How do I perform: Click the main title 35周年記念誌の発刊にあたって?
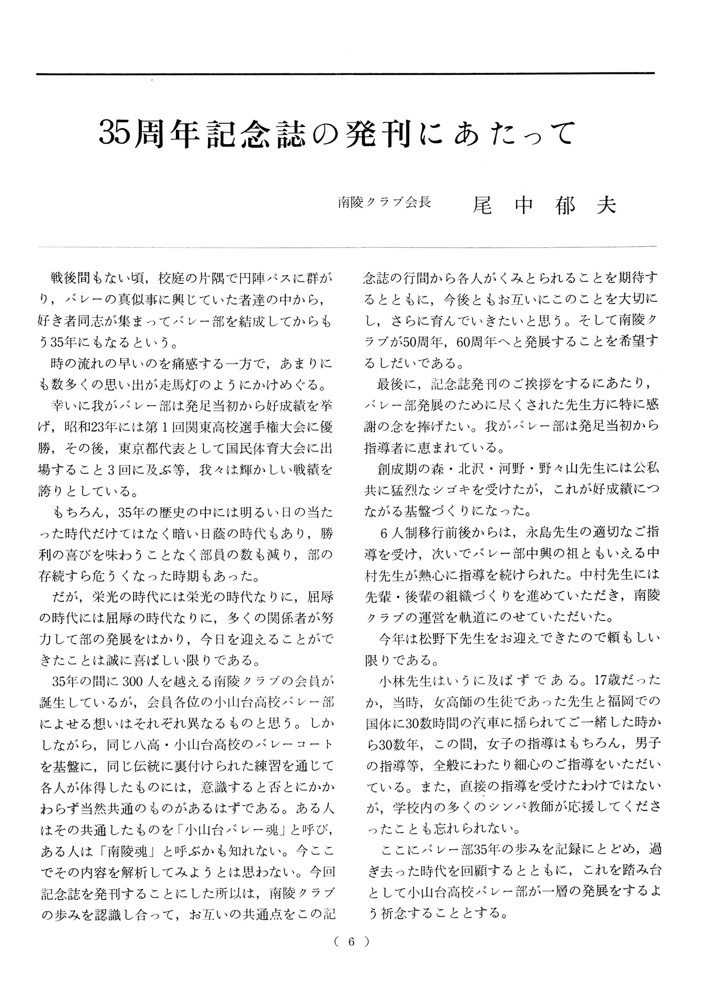[x=336, y=134]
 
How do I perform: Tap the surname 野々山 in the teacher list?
[x=551, y=469]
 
